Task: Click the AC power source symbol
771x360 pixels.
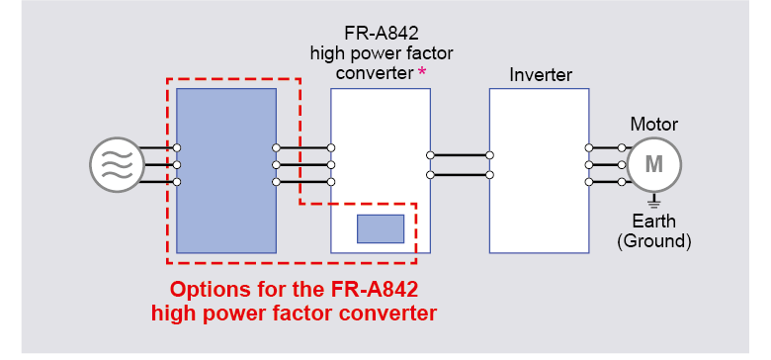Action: pyautogui.click(x=117, y=165)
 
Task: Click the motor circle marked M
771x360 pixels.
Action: pyautogui.click(x=654, y=165)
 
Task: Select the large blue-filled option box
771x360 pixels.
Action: pyautogui.click(x=226, y=171)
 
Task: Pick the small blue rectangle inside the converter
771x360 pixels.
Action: pyautogui.click(x=381, y=228)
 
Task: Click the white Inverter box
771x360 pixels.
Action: pyautogui.click(x=540, y=171)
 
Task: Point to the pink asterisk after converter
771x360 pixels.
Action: pyautogui.click(x=422, y=72)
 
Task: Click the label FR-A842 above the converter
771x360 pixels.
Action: pyautogui.click(x=382, y=34)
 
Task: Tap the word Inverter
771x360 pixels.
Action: pyautogui.click(x=541, y=75)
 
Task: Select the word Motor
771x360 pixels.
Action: pyautogui.click(x=654, y=125)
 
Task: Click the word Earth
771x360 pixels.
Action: pyautogui.click(x=654, y=222)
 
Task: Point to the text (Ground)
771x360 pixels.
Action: pyautogui.click(x=654, y=241)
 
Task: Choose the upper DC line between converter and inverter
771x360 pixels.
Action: pyautogui.click(x=460, y=155)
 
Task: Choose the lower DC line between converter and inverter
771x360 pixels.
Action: pyautogui.click(x=460, y=175)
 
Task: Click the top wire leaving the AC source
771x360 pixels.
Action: pyautogui.click(x=156, y=147)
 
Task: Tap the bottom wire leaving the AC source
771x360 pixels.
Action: pyautogui.click(x=156, y=182)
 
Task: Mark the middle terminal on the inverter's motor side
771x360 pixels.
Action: pyautogui.click(x=588, y=165)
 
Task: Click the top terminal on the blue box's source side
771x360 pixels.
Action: pyautogui.click(x=177, y=147)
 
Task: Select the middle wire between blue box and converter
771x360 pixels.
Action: pyautogui.click(x=303, y=165)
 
